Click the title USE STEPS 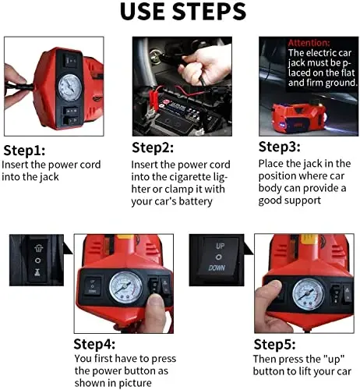(x=183, y=12)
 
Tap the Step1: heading (x=24, y=151)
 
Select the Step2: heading (x=153, y=148)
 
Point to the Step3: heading (x=280, y=147)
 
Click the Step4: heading (x=94, y=344)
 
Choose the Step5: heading (x=274, y=345)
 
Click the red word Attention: (x=309, y=42)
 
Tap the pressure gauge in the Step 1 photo (x=70, y=87)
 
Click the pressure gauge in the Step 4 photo (x=126, y=287)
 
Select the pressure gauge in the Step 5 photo (x=309, y=294)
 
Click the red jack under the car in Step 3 (x=298, y=117)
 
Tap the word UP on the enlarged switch (x=220, y=246)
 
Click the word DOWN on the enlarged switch (x=217, y=268)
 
